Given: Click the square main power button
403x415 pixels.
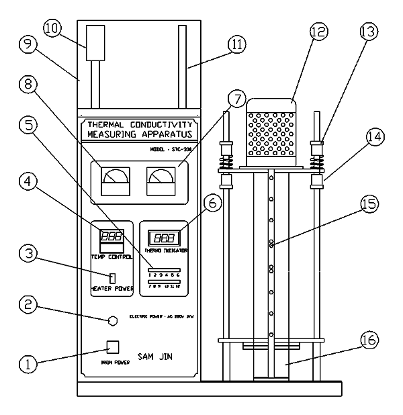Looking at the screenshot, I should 113,347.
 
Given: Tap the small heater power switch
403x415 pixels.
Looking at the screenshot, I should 113,278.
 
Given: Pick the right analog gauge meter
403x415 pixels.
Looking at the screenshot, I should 160,181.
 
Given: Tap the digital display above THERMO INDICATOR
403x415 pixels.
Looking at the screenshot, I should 164,238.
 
